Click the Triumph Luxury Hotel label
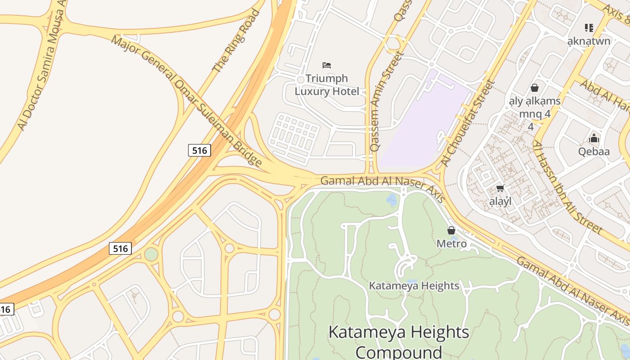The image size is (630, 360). click(x=327, y=85)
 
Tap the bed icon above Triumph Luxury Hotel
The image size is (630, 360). click(x=327, y=65)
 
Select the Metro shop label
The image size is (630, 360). click(x=451, y=243)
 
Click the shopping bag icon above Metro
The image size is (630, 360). click(x=451, y=230)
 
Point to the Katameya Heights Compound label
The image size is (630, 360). click(x=399, y=341)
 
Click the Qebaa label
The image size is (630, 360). click(x=594, y=151)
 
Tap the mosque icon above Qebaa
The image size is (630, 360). click(x=594, y=138)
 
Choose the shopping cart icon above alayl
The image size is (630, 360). click(x=500, y=188)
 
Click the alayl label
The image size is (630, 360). click(x=500, y=201)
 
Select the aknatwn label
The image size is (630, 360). click(x=589, y=41)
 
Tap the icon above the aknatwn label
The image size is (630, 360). click(x=589, y=28)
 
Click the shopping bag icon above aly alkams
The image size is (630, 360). click(x=535, y=87)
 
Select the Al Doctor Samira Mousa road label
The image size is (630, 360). click(x=41, y=67)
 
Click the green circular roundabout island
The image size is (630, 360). click(x=151, y=254)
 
